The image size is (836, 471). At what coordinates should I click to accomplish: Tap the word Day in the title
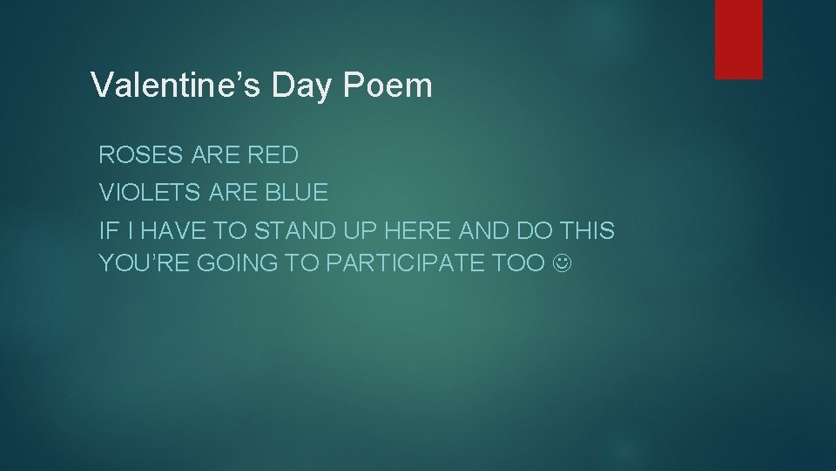pyautogui.click(x=294, y=85)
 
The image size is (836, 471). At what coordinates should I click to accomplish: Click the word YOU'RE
pyautogui.click(x=143, y=262)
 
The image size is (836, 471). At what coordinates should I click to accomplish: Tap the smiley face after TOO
pyautogui.click(x=563, y=262)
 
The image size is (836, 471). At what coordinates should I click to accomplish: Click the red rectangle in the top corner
pyautogui.click(x=738, y=38)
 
